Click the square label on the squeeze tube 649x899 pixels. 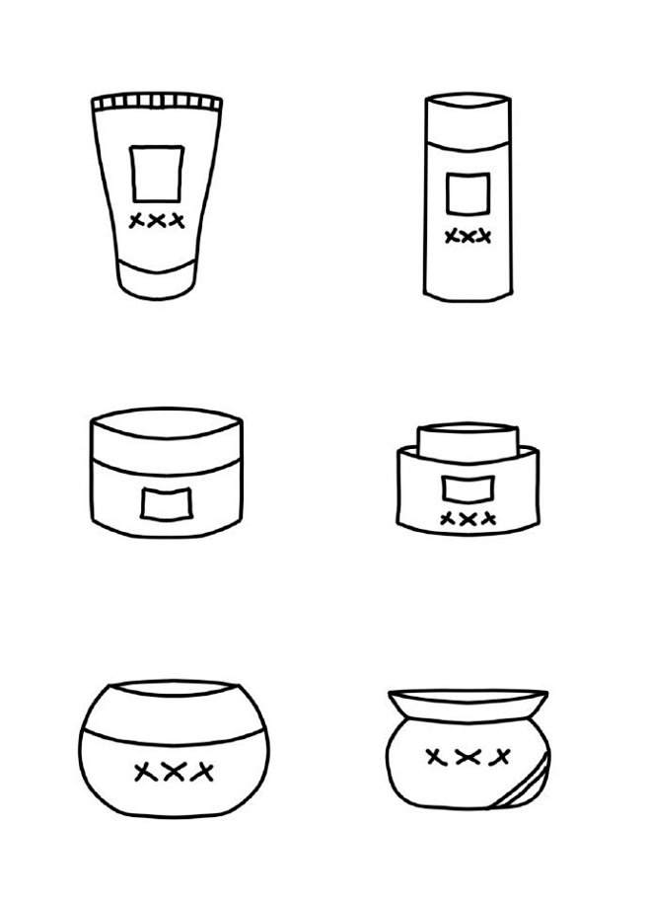(157, 174)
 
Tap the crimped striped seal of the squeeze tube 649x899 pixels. (157, 102)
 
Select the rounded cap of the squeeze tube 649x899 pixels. (157, 278)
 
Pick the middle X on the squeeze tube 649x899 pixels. (157, 221)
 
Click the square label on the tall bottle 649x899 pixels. (468, 193)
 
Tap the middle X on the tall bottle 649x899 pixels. (468, 236)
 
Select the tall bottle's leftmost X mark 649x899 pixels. (453, 236)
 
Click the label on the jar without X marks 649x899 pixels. (166, 504)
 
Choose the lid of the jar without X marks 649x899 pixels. (166, 437)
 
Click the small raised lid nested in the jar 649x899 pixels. (468, 441)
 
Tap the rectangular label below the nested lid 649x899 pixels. (468, 489)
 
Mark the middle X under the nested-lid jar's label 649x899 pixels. (468, 519)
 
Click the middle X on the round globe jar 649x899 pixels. (173, 772)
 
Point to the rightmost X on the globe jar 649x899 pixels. (202, 772)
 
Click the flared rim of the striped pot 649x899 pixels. (468, 705)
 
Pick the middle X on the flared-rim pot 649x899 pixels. (468, 757)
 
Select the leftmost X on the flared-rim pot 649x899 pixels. (437, 757)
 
